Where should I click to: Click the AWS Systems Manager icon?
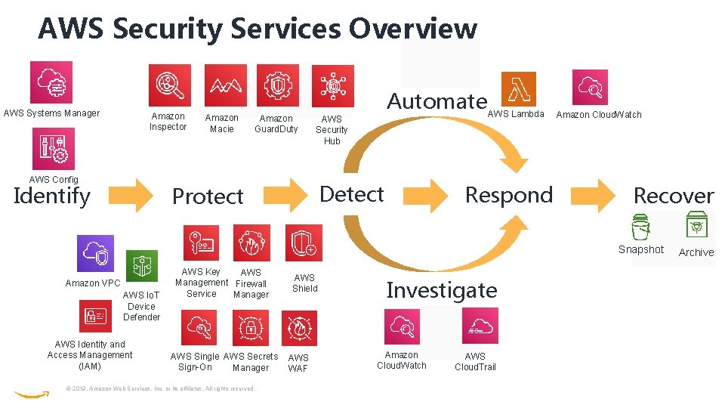pos(51,82)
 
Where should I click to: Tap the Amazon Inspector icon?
pos(169,85)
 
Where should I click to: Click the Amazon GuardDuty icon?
pos(277,85)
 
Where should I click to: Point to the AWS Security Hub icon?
pos(332,85)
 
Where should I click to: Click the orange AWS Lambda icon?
pos(518,89)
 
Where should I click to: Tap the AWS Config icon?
pos(53,149)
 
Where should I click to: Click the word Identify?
pos(52,196)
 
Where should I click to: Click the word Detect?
pos(352,194)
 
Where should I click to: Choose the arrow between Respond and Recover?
pos(594,196)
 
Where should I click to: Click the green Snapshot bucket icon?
pos(640,227)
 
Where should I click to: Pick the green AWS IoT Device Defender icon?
pos(142,266)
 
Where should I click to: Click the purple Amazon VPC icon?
pos(95,254)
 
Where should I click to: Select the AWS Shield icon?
pos(304,244)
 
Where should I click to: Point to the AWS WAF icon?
pos(299,328)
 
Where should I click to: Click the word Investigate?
pos(442,290)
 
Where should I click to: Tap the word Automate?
pos(437,100)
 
